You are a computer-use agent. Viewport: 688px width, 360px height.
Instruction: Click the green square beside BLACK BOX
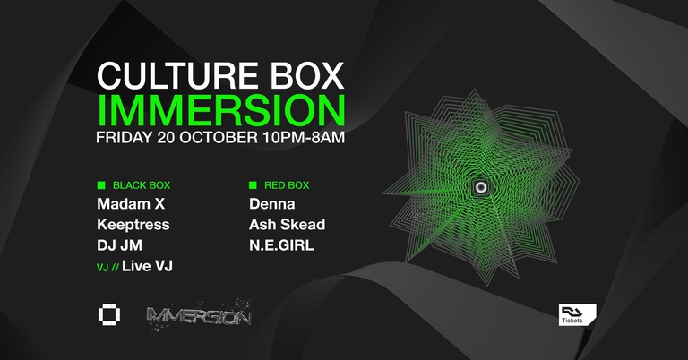tap(101, 186)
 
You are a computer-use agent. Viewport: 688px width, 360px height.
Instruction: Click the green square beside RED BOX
tap(254, 186)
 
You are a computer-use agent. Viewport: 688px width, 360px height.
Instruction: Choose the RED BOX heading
tap(291, 186)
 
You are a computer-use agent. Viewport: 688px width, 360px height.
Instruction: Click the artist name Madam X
tap(132, 204)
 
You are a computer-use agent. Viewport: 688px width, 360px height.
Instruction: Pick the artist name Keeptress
tap(133, 224)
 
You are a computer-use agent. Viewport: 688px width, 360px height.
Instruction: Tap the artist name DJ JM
tap(120, 244)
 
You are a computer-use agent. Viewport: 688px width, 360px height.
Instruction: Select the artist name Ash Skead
tap(288, 224)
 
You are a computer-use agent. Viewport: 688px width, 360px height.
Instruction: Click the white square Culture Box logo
tap(109, 315)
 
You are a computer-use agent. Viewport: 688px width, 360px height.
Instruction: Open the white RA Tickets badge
tap(575, 316)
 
